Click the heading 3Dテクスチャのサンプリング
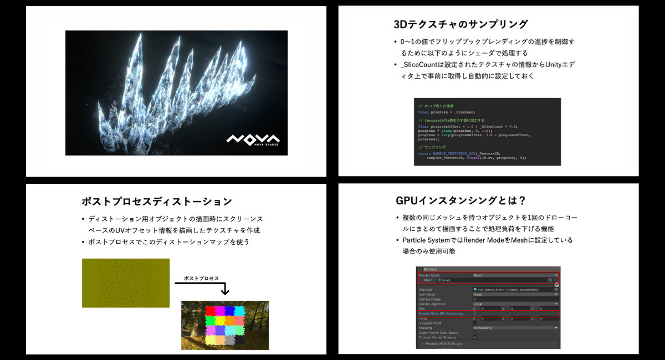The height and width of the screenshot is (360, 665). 460,24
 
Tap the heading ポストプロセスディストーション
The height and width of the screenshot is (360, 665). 156,201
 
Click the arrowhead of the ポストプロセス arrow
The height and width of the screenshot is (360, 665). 224,291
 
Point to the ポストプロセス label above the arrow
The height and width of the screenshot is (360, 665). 201,278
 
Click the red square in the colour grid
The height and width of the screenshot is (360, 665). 211,311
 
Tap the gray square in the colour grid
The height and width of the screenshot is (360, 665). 230,339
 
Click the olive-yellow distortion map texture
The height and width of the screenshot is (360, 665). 126,282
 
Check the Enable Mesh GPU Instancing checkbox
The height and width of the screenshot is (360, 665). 475,313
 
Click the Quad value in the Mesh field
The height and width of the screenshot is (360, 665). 446,280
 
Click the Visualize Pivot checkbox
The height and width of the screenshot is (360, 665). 475,323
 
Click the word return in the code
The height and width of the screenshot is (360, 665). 424,153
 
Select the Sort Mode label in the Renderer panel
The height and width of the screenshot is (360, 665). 428,294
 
